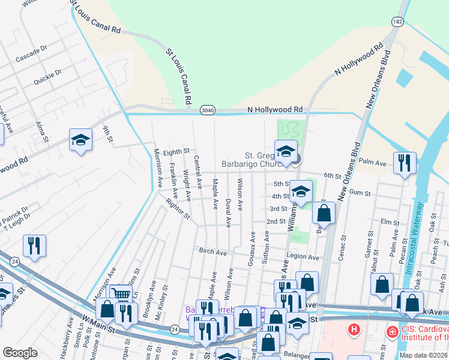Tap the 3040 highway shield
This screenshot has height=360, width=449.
tap(207, 110)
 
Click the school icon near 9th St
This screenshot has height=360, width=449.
tap(80, 140)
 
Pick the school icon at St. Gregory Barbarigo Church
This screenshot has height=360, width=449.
tap(286, 151)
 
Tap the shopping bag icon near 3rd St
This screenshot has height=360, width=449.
tap(324, 213)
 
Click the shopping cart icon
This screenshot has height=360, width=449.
tap(122, 293)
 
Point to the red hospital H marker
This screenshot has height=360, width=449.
tap(354, 329)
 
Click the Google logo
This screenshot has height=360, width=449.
tap(20, 353)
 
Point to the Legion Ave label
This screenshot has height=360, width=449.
tap(303, 256)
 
